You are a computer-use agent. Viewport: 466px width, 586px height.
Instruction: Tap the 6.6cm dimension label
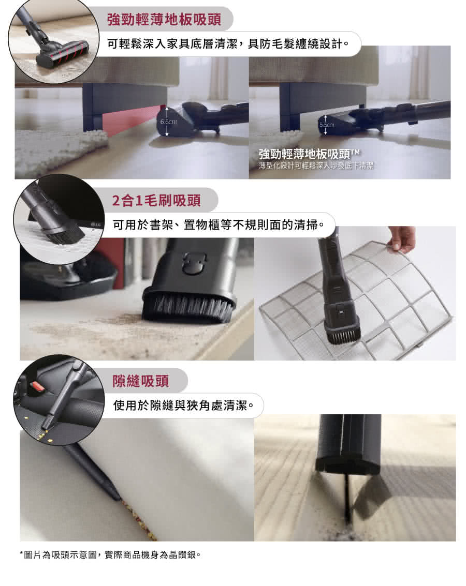(169, 122)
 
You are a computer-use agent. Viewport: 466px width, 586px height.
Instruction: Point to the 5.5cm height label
(327, 125)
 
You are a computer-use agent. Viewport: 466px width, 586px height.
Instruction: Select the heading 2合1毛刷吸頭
(156, 200)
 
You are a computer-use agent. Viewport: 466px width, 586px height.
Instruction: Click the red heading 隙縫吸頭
(141, 381)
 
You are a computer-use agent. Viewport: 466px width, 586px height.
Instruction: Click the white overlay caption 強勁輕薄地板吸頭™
(309, 154)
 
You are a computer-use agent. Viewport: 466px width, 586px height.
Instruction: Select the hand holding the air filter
(401, 238)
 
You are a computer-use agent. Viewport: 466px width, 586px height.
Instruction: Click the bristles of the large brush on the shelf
(188, 308)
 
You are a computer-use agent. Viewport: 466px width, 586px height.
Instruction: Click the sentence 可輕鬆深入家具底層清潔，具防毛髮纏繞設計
(228, 44)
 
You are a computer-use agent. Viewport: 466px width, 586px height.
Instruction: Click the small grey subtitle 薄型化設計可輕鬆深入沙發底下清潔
(316, 166)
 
